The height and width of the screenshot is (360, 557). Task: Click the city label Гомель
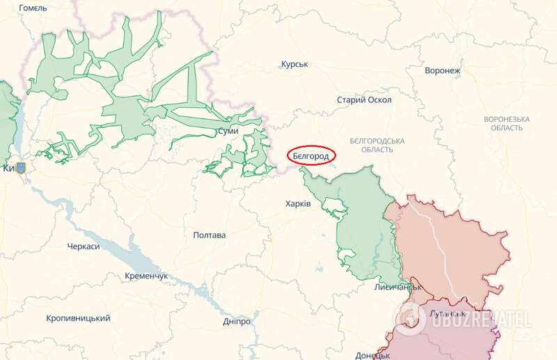[x=33, y=8]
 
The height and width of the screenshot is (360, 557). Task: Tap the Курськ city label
[x=295, y=65]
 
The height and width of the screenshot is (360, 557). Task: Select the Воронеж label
[x=443, y=70]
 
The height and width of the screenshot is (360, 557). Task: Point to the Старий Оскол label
[x=364, y=100]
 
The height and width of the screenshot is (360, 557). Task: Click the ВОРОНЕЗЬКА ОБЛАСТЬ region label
[x=506, y=123]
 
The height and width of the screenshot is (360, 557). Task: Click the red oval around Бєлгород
[x=311, y=157]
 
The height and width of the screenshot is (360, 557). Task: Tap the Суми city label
[x=228, y=131]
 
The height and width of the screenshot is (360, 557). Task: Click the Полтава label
[x=210, y=235]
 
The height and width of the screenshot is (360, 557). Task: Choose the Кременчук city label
[x=146, y=276]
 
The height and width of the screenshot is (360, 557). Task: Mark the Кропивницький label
[x=78, y=318]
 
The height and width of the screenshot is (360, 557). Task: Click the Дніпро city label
[x=237, y=322]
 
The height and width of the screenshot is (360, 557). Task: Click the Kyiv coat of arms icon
[x=21, y=168]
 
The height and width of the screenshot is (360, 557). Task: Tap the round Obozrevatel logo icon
[x=411, y=318]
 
